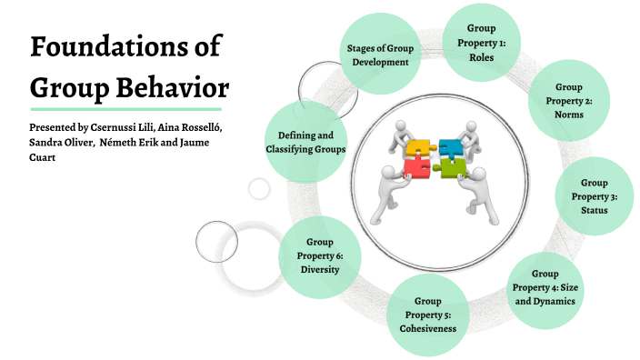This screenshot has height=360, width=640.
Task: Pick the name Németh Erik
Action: coord(132,143)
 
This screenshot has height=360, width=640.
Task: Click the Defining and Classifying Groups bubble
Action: coord(305,141)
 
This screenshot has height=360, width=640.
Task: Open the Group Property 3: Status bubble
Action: coord(595,196)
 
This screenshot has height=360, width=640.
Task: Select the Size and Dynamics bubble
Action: coord(545,287)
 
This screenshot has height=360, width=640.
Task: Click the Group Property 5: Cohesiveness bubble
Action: coord(427,314)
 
